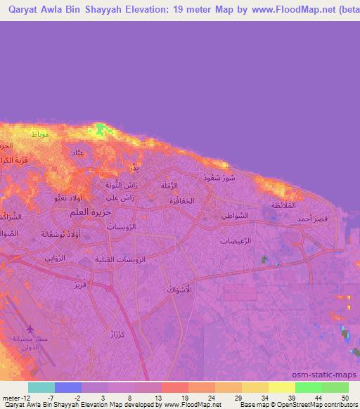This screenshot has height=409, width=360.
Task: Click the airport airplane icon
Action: click(30, 329)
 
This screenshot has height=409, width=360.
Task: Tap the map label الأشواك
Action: click(179, 290)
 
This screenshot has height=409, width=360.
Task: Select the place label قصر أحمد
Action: click(311, 220)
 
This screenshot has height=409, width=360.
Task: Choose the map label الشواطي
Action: click(233, 216)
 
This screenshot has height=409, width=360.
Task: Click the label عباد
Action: click(78, 152)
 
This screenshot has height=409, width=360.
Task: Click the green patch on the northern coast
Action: click(103, 129)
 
